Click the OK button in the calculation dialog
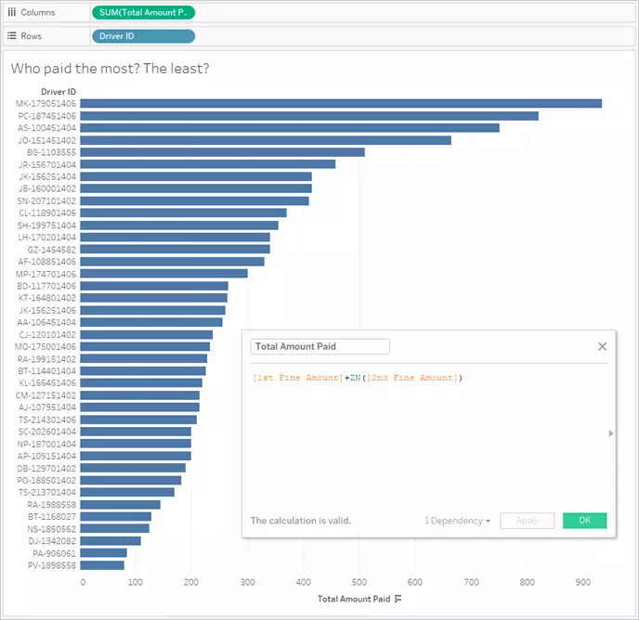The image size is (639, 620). click(584, 521)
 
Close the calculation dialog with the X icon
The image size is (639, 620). click(602, 346)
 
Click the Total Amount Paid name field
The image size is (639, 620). click(319, 346)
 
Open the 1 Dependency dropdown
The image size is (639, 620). click(458, 521)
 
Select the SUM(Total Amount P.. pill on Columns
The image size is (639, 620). click(143, 13)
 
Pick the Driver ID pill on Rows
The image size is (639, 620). click(143, 36)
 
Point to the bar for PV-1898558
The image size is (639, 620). click(103, 564)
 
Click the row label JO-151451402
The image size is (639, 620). click(46, 140)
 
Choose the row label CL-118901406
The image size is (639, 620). click(46, 213)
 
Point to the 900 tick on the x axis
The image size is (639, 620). click(582, 583)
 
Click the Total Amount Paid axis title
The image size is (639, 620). click(354, 600)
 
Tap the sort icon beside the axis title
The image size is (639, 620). click(398, 600)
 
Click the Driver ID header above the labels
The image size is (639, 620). click(59, 91)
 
